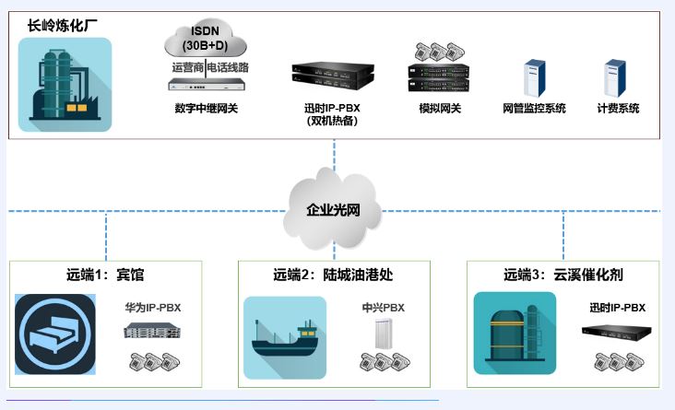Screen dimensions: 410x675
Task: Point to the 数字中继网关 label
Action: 207,109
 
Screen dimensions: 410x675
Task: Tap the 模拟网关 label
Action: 439,109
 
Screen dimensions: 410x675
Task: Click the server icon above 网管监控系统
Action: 535,77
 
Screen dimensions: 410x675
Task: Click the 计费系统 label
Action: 618,109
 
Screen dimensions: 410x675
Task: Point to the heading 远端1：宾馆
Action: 105,275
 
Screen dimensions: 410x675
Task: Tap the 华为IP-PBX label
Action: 152,308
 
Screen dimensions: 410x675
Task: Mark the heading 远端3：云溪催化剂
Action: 563,275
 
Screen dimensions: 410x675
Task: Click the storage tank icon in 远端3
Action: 514,333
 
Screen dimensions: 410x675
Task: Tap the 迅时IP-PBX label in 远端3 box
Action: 618,308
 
